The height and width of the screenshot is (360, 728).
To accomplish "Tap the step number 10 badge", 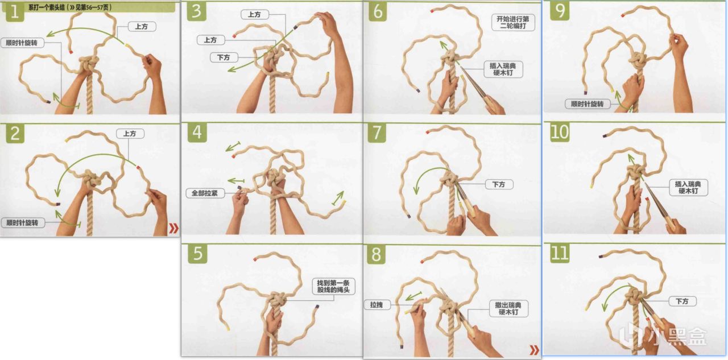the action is point(560,133).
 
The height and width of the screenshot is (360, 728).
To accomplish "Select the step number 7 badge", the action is point(377,133).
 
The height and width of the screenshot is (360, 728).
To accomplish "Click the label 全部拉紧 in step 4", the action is point(204,193).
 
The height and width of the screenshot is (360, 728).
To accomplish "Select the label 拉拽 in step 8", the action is point(377,305).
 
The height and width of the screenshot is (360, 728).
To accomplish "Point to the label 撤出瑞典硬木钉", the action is point(508,309).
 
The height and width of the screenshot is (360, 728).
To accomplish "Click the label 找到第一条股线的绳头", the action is point(333,286).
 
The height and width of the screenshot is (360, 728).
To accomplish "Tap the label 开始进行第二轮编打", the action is point(513,22).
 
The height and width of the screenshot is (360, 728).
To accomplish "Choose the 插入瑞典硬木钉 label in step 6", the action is point(503,69).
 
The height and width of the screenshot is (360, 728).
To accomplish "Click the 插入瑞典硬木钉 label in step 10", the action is point(688,188).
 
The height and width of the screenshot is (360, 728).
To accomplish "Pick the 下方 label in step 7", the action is point(499,184).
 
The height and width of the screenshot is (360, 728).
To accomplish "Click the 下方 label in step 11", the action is point(682,301).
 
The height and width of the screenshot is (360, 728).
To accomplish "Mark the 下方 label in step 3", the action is point(224,57).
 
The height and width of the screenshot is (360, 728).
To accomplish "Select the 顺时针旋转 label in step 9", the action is point(588,104).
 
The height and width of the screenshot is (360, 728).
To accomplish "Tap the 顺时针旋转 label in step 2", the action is point(22,223).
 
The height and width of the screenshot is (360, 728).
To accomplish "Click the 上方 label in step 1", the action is point(142,27).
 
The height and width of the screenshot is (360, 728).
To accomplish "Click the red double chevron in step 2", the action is point(173,228).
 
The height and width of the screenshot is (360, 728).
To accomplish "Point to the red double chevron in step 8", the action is point(534,350).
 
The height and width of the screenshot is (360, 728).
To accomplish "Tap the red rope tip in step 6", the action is point(432,11).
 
